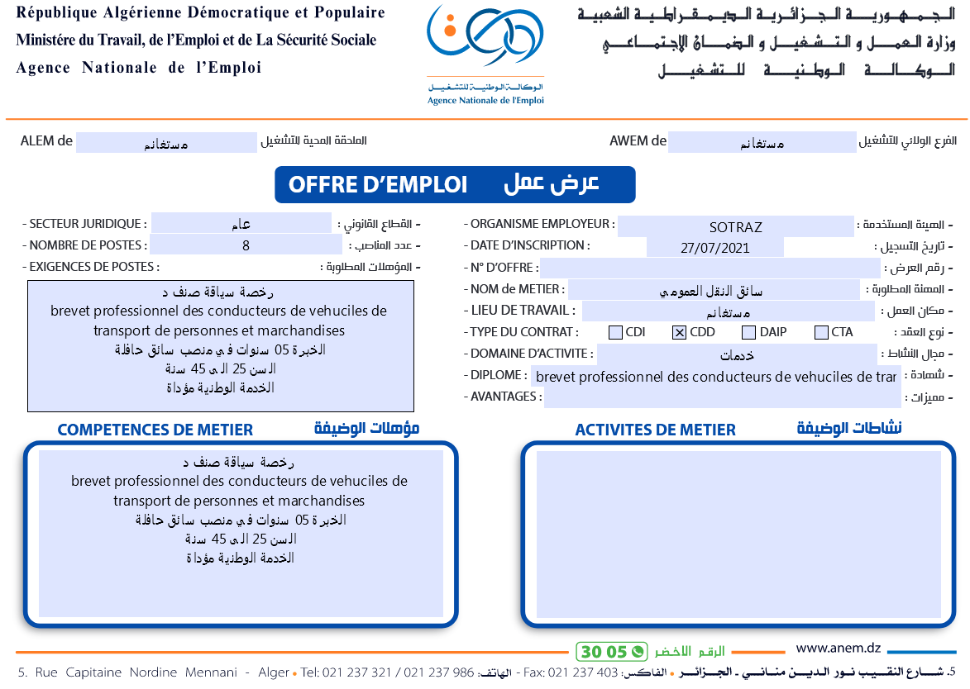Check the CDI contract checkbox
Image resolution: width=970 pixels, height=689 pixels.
click(615, 333)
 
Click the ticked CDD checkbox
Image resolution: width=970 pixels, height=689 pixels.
click(680, 333)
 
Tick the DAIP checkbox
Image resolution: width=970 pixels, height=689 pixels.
click(748, 333)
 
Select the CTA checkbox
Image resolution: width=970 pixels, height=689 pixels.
click(821, 333)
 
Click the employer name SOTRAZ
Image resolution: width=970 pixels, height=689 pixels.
click(735, 227)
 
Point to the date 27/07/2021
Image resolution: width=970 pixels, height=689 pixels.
click(714, 248)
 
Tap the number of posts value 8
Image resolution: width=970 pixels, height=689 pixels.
click(246, 245)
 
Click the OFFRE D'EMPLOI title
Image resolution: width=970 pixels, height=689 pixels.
click(378, 185)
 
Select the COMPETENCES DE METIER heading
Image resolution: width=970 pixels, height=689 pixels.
click(155, 430)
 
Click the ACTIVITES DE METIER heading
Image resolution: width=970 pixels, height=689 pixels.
click(655, 430)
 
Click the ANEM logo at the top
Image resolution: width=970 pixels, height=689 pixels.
click(485, 54)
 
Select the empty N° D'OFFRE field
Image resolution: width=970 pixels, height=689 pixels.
click(710, 268)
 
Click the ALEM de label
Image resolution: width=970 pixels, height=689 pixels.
click(47, 141)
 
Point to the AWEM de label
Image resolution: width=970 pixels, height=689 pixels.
click(638, 141)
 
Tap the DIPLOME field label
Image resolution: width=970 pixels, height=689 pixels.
click(498, 375)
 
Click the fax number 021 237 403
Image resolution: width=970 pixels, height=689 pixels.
click(583, 672)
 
